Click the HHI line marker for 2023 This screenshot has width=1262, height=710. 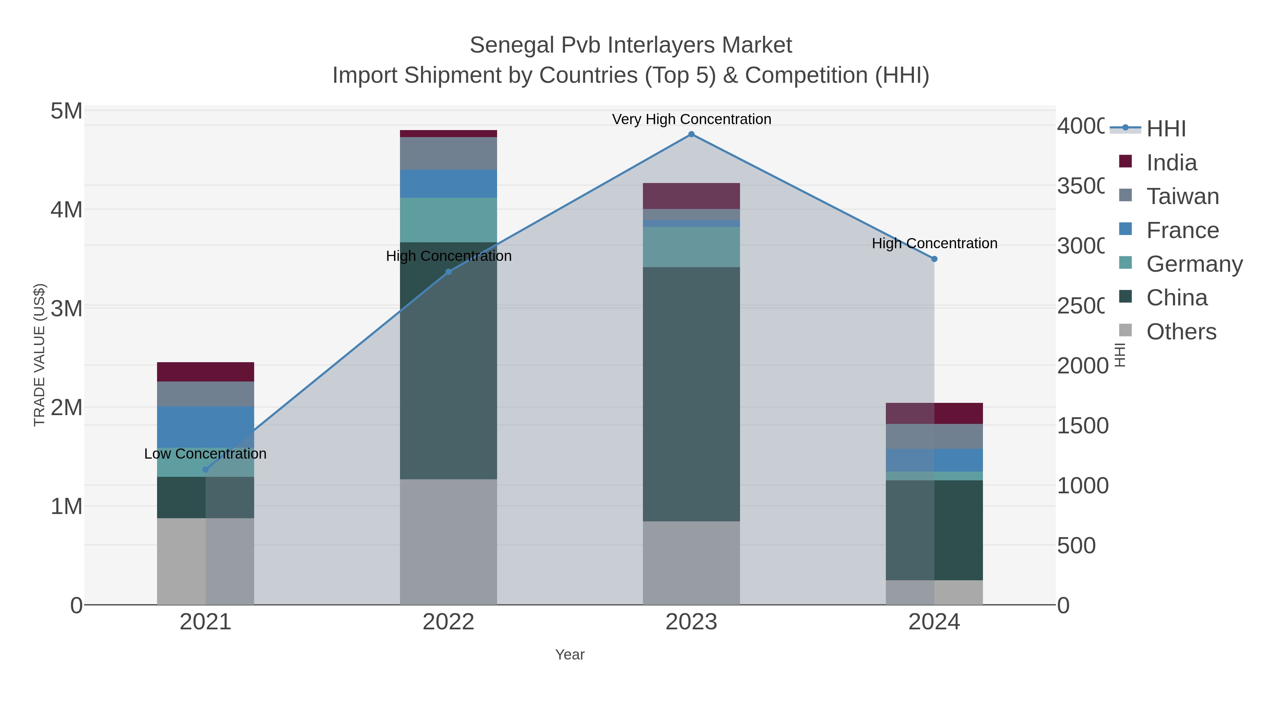(691, 134)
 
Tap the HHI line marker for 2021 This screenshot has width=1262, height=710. (206, 469)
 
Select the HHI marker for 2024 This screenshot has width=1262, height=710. (934, 259)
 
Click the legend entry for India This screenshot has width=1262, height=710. (1171, 163)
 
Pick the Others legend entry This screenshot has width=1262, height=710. (1181, 332)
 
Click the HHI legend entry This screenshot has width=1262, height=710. (1166, 129)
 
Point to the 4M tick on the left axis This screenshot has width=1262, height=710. (66, 210)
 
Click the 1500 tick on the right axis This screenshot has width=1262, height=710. (1082, 426)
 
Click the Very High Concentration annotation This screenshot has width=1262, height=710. (691, 119)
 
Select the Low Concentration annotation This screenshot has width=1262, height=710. (205, 454)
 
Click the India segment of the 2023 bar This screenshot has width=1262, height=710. (691, 196)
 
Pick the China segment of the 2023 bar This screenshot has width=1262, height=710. (691, 392)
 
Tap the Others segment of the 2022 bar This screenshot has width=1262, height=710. (448, 541)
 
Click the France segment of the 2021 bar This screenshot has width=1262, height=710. (205, 426)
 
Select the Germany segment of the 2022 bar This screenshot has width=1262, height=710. (448, 220)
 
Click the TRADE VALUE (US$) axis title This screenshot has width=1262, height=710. (39, 355)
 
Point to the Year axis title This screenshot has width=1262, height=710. (570, 655)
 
